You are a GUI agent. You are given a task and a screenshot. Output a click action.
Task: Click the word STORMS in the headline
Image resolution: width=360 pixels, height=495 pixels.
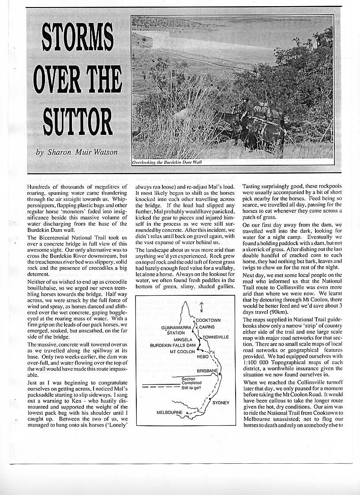pyautogui.click(x=78, y=41)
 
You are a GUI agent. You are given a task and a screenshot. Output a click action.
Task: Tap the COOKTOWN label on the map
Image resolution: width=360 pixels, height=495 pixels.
pyautogui.click(x=208, y=320)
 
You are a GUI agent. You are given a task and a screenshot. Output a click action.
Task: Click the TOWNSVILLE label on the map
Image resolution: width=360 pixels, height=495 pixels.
pyautogui.click(x=216, y=337)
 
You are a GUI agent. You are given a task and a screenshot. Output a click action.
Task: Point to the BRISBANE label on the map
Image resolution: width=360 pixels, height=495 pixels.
pyautogui.click(x=207, y=371)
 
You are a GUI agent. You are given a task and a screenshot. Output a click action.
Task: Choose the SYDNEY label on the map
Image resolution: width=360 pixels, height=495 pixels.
pyautogui.click(x=221, y=403)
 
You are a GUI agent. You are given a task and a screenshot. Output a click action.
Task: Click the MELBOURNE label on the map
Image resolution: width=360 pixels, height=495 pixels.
pyautogui.click(x=169, y=413)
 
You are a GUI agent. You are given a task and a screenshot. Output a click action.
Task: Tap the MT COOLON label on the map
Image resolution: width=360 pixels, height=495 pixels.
pyautogui.click(x=182, y=352)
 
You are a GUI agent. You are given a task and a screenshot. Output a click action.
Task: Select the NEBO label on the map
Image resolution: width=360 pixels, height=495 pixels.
pyautogui.click(x=202, y=356)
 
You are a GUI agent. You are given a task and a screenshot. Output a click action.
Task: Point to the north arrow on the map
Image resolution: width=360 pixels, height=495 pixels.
pyautogui.click(x=201, y=305)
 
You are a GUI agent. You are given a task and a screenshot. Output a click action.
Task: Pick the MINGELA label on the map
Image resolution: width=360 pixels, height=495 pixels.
pyautogui.click(x=183, y=340)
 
